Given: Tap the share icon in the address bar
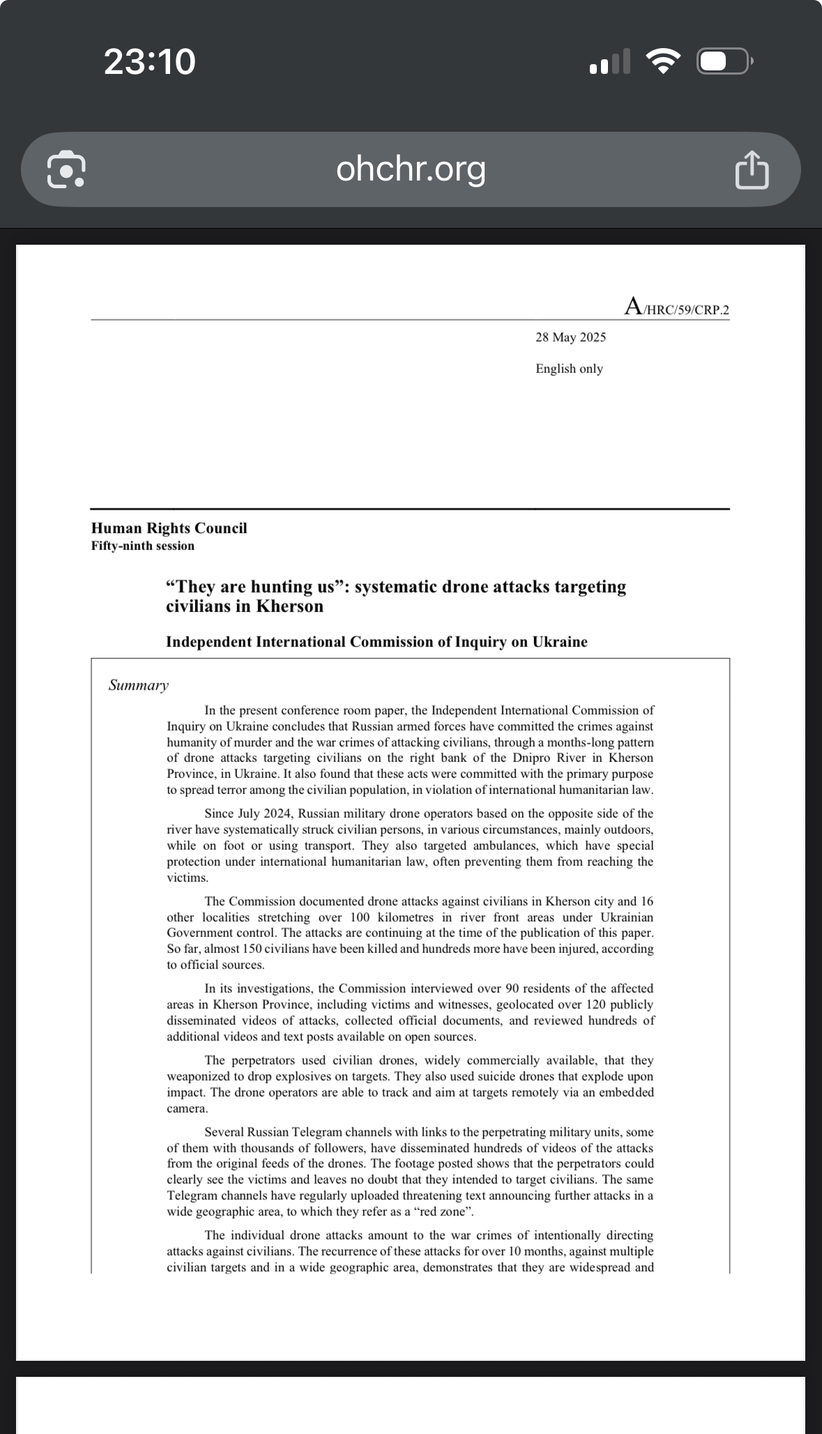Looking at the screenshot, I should click(x=752, y=169).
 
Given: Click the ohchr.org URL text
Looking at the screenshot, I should click(x=411, y=169).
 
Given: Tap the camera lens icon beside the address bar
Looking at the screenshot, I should click(x=66, y=169).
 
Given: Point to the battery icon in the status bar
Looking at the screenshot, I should click(x=724, y=61).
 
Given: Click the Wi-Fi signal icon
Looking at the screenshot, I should click(x=664, y=61).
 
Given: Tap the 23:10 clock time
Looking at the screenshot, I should click(x=150, y=61).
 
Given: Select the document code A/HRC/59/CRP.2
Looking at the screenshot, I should click(x=677, y=307).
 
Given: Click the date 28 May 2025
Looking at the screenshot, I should click(x=570, y=337).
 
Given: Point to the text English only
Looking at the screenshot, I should click(x=569, y=369).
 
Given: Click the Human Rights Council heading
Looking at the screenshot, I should click(x=169, y=528).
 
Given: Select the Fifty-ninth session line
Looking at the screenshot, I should click(x=143, y=546).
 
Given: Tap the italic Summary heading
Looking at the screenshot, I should click(x=139, y=685).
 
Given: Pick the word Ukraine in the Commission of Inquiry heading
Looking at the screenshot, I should click(x=560, y=642).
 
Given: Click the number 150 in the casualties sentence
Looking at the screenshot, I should click(x=252, y=949).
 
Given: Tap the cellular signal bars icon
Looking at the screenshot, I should click(x=610, y=61).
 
